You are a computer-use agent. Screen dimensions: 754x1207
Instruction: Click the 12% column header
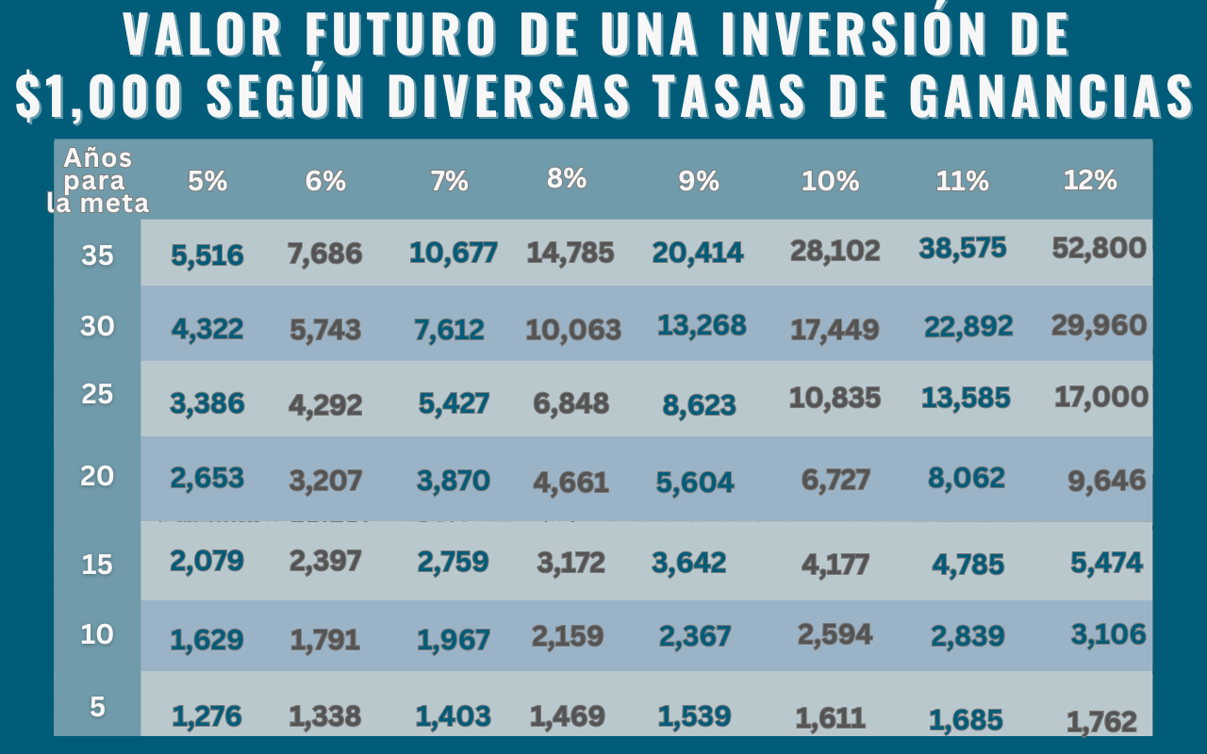coord(1089,180)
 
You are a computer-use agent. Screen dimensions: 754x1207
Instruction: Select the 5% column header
coord(207,181)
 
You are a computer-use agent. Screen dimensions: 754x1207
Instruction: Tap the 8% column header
coord(567,177)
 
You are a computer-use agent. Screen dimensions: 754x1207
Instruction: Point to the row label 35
coord(97,254)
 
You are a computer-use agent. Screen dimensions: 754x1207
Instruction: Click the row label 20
coord(97,476)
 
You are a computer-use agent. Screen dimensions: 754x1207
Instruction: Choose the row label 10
coord(97,634)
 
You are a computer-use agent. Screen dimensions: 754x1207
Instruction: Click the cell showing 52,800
coord(1099,249)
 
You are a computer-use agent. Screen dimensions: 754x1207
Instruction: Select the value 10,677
coord(453,253)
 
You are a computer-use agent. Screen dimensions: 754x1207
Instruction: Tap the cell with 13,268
coord(702,325)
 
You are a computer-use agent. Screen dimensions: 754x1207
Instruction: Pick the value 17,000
coord(1100,397)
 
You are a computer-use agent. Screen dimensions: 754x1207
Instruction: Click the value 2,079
coord(207,561)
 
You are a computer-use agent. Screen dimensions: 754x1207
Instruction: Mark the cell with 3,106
coord(1108,634)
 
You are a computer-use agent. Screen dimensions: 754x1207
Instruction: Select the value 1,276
coord(207,716)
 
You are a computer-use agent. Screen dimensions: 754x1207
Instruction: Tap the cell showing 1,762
coord(1101,723)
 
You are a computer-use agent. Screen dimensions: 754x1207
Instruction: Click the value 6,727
coord(835,481)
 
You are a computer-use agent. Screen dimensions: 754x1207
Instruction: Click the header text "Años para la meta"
coord(98,180)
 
